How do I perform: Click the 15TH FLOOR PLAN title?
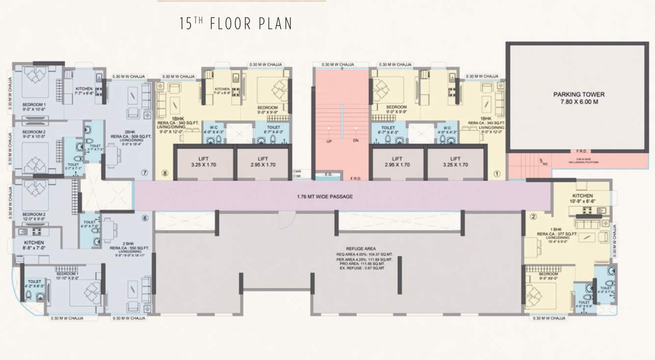(x=236, y=24)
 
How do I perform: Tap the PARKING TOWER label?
(x=579, y=94)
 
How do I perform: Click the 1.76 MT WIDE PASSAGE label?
(x=325, y=197)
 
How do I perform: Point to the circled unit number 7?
(x=144, y=173)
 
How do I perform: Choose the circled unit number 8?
(x=164, y=173)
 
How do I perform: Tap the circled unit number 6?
(x=145, y=218)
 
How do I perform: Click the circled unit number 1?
(x=497, y=173)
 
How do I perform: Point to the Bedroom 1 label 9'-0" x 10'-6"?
(x=33, y=107)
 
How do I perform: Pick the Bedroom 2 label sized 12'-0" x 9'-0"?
(x=34, y=218)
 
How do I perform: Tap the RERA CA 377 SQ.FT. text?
(x=558, y=234)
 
